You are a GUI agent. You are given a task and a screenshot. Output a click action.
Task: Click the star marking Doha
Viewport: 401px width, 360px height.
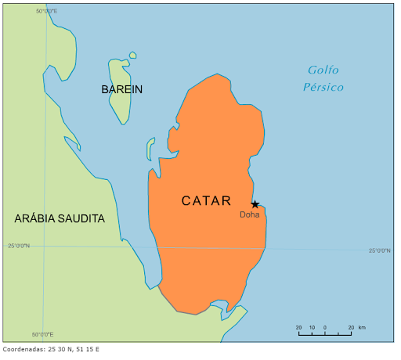(255, 204)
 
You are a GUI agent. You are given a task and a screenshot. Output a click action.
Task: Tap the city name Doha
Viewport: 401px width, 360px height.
(250, 214)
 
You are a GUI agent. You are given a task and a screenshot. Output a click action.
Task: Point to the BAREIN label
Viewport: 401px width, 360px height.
(121, 89)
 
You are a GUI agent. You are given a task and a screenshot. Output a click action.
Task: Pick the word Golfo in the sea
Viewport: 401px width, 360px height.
(323, 70)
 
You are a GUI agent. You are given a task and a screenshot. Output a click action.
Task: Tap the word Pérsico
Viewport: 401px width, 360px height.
(323, 87)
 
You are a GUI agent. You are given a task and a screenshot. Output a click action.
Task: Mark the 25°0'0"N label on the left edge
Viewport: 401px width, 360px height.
(19, 246)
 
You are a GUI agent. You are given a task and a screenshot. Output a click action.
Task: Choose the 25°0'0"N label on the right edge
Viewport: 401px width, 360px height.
(379, 250)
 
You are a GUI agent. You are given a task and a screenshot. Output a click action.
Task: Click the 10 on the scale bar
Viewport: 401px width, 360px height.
(312, 327)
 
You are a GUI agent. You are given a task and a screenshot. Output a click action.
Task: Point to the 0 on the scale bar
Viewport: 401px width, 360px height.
(325, 327)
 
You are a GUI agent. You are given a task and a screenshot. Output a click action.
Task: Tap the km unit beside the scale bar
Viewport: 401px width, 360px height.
(362, 327)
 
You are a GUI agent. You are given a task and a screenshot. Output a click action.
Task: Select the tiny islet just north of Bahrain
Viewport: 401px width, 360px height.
(133, 55)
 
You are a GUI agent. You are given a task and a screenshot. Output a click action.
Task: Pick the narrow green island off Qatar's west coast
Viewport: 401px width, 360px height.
(150, 149)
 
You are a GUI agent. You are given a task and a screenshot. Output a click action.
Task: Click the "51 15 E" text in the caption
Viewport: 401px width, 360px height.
(87, 349)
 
